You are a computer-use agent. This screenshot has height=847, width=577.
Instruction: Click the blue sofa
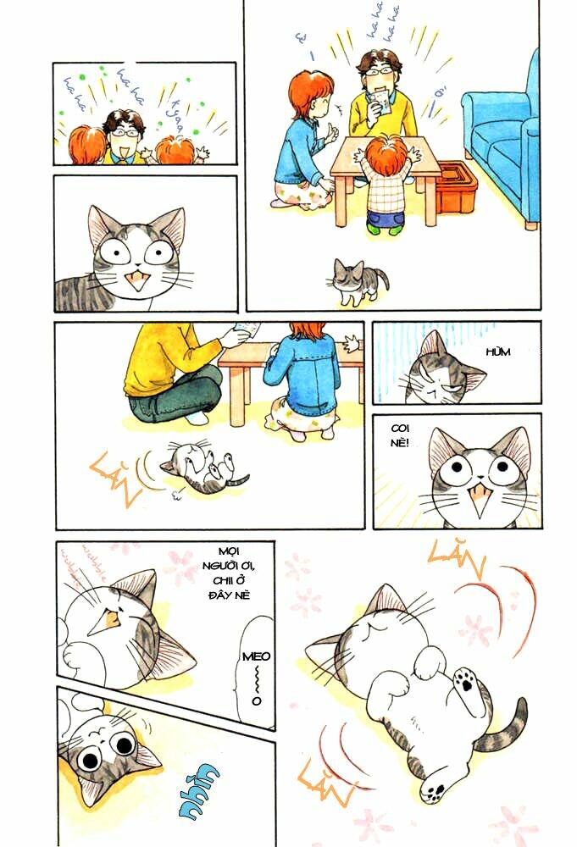tap(504, 144)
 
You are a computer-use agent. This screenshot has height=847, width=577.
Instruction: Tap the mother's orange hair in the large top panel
tap(308, 92)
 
